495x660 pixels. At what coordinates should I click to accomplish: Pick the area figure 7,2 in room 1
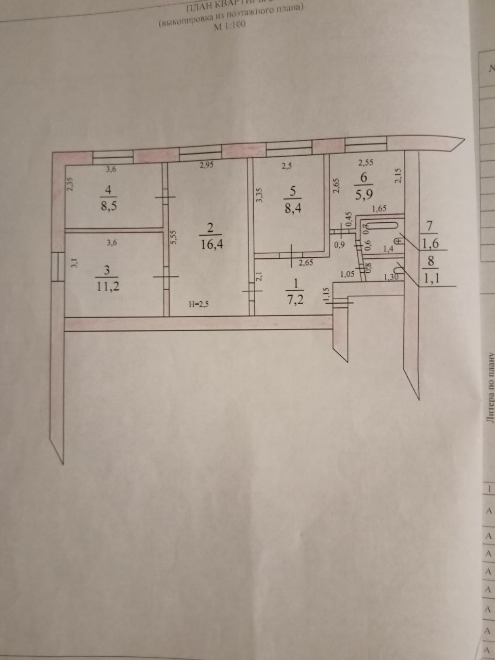click(x=296, y=299)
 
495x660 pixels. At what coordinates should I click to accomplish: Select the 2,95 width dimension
click(x=206, y=165)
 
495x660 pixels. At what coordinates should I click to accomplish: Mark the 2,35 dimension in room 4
click(x=71, y=185)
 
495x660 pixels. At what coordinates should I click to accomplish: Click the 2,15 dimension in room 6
click(x=398, y=177)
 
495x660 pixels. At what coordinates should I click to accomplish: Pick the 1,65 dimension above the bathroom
click(x=379, y=209)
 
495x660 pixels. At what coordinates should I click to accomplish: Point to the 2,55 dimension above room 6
click(x=366, y=162)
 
